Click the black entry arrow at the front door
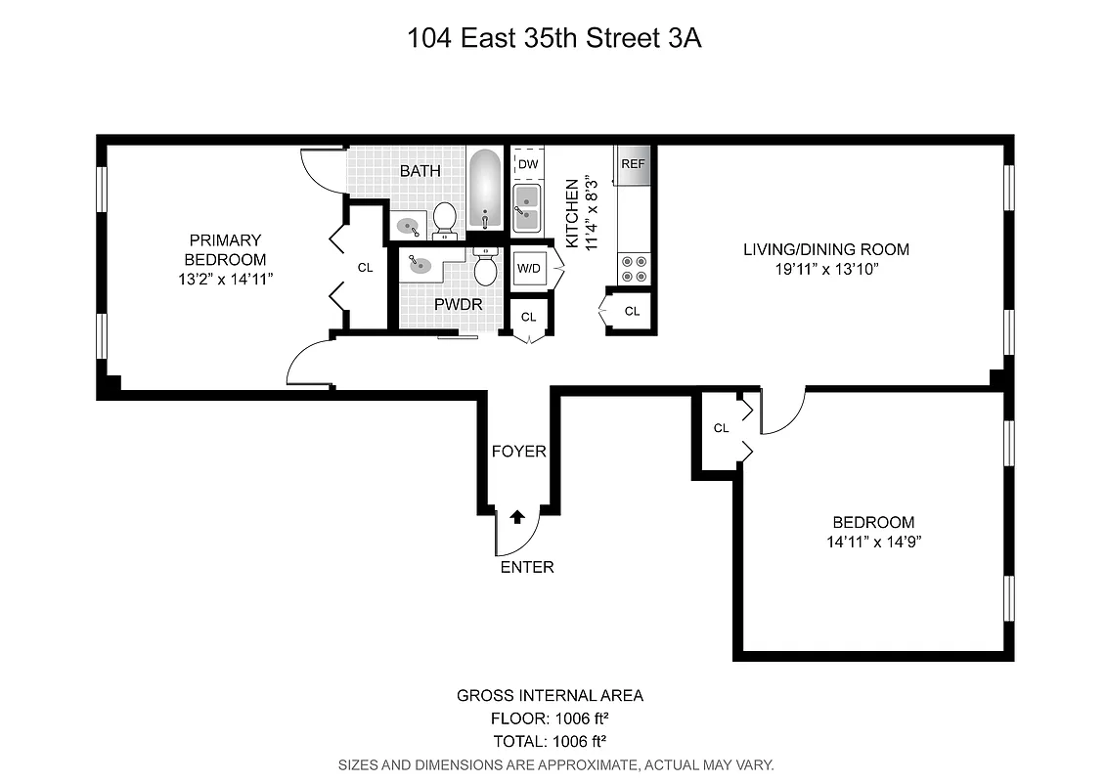[x=517, y=517]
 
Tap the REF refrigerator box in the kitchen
[x=633, y=164]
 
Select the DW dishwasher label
[x=528, y=164]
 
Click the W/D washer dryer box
[x=529, y=268]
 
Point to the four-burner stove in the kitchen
[x=633, y=268]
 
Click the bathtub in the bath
[x=483, y=189]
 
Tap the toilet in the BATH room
[x=445, y=221]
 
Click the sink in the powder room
[x=420, y=265]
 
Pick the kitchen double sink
[x=528, y=206]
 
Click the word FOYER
[x=518, y=452]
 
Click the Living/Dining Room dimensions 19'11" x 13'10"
[x=825, y=269]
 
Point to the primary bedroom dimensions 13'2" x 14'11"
[x=226, y=279]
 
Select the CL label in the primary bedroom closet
[x=365, y=267]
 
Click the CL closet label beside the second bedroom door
[x=721, y=428]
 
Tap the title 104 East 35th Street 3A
[x=554, y=40]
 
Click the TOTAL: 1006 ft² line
[x=551, y=740]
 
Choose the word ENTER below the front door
[x=527, y=567]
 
